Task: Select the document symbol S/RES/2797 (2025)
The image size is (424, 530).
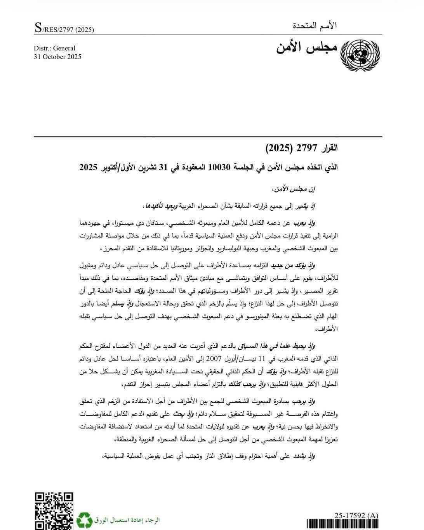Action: (x=64, y=29)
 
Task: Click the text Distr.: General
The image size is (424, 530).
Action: (x=55, y=48)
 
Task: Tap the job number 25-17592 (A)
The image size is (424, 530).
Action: (x=356, y=515)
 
